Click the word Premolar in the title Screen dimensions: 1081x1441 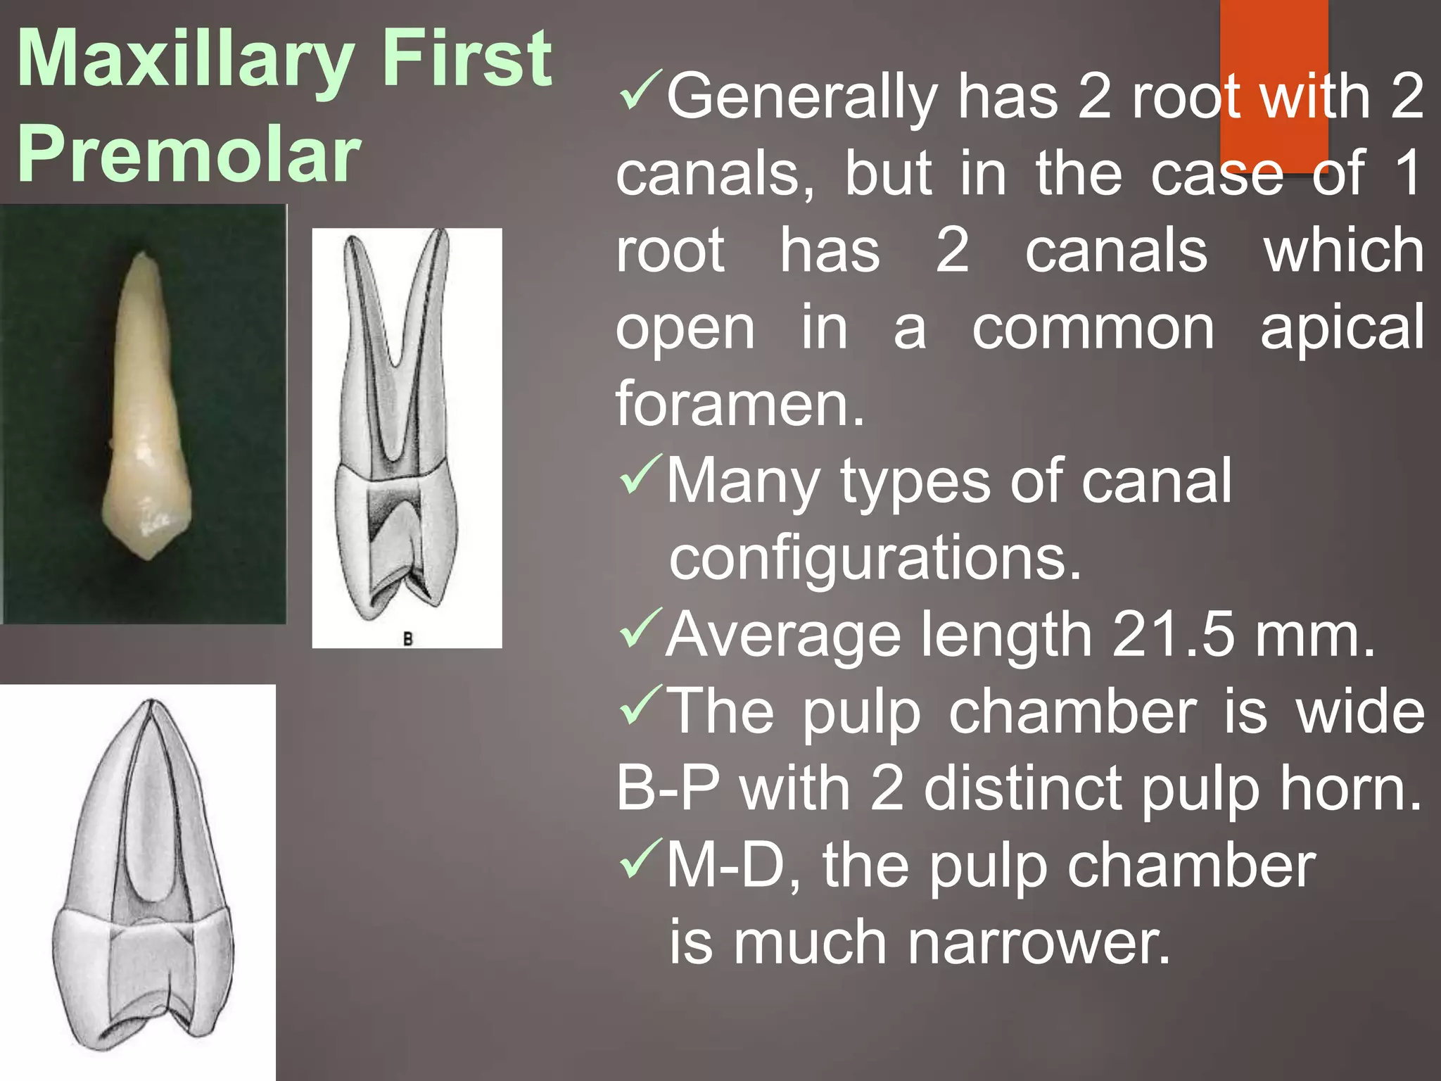pos(189,155)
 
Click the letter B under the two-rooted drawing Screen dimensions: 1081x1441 pos(407,639)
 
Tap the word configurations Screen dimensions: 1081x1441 pos(875,557)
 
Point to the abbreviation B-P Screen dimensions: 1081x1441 pos(668,788)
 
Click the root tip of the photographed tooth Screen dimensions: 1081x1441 pos(144,256)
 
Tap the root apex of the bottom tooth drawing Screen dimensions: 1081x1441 pos(151,704)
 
